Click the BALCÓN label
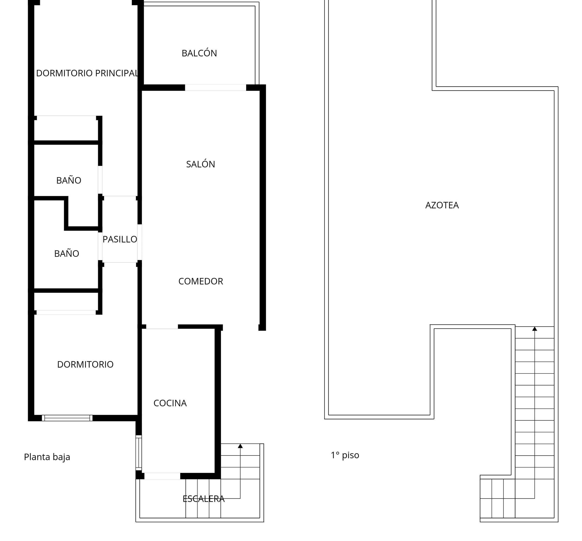click(x=199, y=53)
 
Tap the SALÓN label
click(x=200, y=164)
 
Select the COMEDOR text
click(x=200, y=281)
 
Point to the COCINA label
click(x=170, y=403)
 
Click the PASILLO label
click(x=120, y=239)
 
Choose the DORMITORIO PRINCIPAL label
click(x=87, y=73)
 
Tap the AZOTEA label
click(x=442, y=205)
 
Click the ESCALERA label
click(x=203, y=499)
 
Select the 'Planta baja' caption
click(x=47, y=457)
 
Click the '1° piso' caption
click(x=345, y=455)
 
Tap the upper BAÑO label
click(x=69, y=180)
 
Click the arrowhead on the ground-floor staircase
click(x=240, y=446)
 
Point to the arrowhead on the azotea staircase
click(x=535, y=329)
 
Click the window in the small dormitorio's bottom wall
click(x=67, y=418)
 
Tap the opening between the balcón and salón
click(x=215, y=88)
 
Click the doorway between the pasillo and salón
click(x=140, y=242)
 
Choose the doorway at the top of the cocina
click(x=162, y=327)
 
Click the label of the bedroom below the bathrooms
click(x=85, y=364)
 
